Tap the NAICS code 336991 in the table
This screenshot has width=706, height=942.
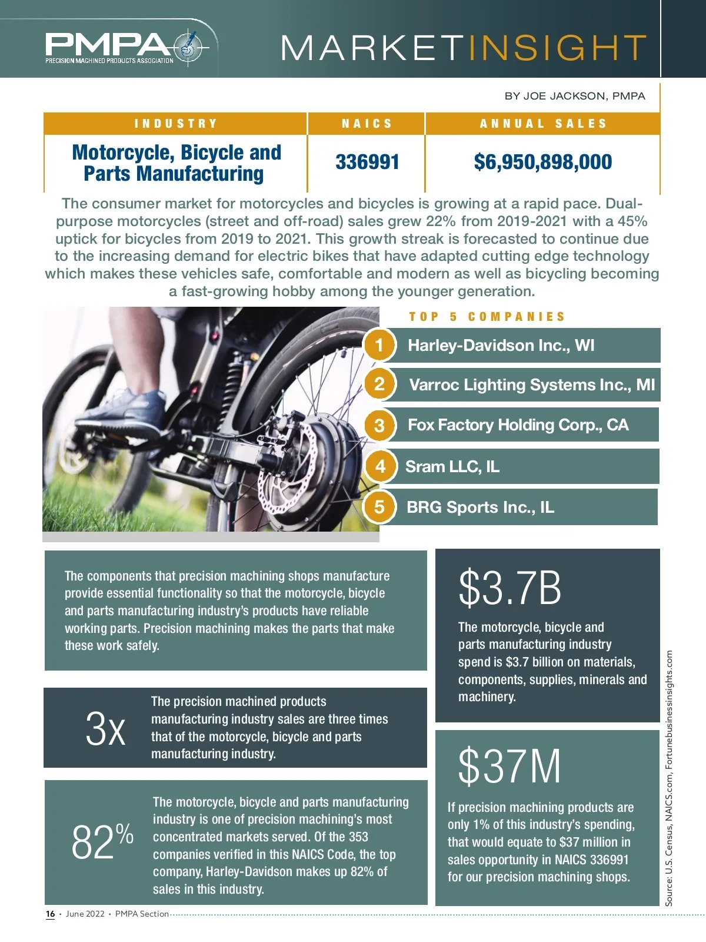(367, 162)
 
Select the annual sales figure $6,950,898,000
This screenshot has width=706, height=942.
(542, 162)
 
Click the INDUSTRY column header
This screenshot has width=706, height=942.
(176, 124)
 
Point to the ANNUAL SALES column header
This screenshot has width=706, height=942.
(542, 124)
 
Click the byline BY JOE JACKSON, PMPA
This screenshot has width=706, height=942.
(574, 96)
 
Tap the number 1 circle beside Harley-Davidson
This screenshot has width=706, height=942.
(379, 345)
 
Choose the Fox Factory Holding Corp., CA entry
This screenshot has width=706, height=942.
(518, 425)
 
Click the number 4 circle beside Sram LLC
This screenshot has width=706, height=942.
(380, 466)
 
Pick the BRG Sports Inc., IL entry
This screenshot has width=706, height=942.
(480, 507)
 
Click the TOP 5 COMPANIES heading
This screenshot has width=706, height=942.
(487, 317)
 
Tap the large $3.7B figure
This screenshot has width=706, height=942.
(509, 588)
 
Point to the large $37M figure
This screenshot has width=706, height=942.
(509, 766)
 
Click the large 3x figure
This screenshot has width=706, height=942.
(105, 729)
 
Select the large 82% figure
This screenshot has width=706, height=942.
(102, 842)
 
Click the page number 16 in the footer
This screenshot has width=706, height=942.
(51, 914)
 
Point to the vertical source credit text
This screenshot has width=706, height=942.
(669, 777)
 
